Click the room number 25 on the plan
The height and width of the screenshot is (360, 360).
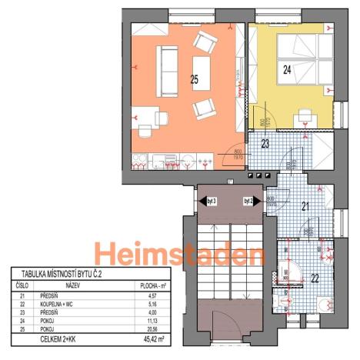click(194, 78)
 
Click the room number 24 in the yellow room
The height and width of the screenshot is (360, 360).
click(287, 70)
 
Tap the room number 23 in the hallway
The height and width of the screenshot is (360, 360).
click(264, 143)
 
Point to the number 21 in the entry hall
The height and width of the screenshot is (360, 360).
click(284, 205)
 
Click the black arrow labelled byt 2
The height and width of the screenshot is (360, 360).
click(251, 202)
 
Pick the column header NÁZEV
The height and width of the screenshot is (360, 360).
click(73, 285)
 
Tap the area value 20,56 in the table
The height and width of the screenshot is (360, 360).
click(158, 328)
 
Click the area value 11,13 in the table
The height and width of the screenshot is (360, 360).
click(158, 320)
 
